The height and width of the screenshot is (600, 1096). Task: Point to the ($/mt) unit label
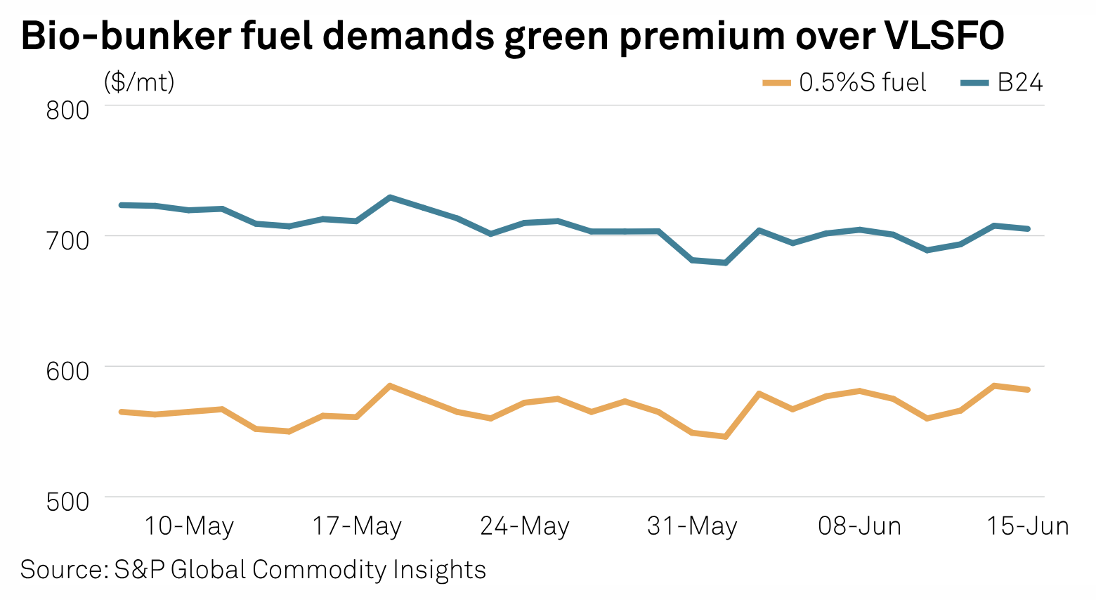tap(139, 83)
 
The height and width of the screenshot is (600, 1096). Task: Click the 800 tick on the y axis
tap(67, 110)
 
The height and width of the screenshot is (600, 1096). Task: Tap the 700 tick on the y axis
tap(67, 240)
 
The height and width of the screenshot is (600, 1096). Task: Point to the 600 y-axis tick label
tap(67, 371)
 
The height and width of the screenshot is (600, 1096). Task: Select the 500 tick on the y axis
tap(67, 502)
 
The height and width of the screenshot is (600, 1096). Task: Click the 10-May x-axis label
tap(189, 526)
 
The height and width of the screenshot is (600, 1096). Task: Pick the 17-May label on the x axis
tap(357, 526)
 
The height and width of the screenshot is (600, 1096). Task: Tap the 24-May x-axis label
tap(525, 526)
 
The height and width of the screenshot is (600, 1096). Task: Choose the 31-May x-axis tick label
tap(692, 526)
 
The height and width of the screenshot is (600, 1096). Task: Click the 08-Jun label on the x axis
tap(859, 526)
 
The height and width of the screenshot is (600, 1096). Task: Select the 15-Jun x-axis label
tap(1028, 526)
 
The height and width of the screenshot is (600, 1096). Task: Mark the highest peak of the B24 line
tap(390, 197)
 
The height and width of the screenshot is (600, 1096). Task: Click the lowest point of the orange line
tap(726, 437)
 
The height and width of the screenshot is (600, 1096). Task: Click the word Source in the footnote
tap(61, 569)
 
